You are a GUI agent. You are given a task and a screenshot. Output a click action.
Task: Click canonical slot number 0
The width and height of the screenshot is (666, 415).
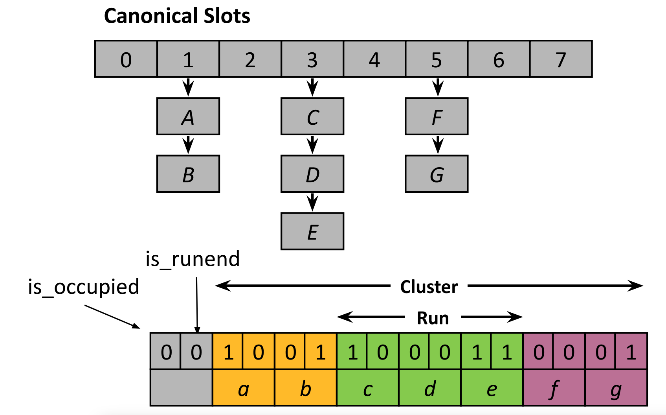tap(126, 59)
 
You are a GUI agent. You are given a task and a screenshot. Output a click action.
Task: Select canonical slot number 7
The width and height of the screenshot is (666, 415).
tap(561, 59)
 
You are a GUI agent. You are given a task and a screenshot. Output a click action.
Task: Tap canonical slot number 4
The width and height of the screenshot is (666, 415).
tap(374, 59)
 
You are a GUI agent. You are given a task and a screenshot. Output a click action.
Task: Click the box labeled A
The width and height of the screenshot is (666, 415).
tap(188, 116)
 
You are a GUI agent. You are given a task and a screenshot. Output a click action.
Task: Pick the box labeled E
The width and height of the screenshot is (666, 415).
tap(312, 231)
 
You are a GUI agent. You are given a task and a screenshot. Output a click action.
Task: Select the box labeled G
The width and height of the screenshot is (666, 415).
tap(437, 174)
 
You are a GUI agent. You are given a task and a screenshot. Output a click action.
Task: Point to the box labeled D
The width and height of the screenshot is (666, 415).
tap(312, 174)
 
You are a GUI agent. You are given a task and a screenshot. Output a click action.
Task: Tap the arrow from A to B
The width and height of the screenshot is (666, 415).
tap(188, 145)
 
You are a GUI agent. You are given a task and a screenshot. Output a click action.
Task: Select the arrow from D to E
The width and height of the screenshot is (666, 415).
tap(312, 202)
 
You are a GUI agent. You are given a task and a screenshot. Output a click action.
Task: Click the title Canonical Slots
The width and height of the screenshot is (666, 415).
tap(177, 16)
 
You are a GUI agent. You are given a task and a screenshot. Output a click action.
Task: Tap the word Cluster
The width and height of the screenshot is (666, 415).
tap(429, 287)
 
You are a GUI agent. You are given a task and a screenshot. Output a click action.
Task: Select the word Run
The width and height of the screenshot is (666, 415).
tap(433, 318)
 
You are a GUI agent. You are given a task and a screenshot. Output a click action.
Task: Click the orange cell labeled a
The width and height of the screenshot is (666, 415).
tap(244, 388)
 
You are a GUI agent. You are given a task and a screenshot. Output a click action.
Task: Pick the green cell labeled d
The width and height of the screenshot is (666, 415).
tap(430, 388)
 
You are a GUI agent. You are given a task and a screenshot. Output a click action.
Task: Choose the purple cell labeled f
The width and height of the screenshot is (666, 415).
tap(554, 388)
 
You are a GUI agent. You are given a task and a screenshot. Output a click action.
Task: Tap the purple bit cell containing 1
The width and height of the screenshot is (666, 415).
tap(631, 351)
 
